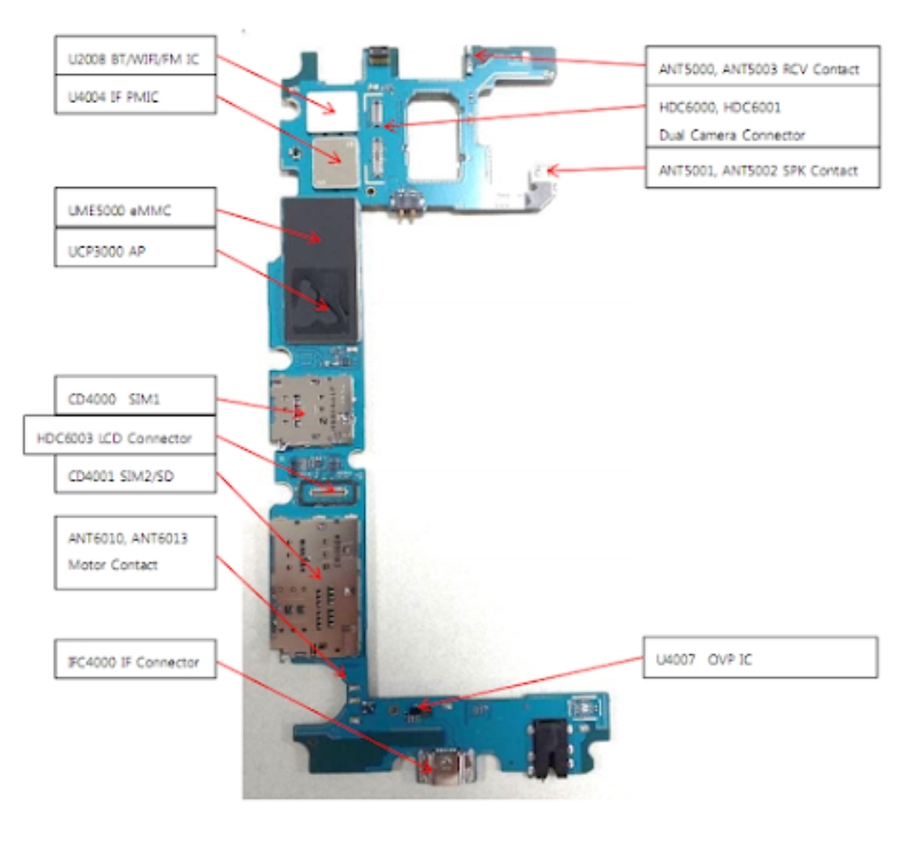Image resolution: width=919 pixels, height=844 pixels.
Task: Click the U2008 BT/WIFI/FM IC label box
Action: tap(134, 55)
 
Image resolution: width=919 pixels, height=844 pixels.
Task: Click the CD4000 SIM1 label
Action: tap(134, 396)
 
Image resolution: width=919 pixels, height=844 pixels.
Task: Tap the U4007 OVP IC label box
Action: tap(759, 657)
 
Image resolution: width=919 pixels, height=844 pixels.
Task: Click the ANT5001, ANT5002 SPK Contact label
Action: tap(762, 168)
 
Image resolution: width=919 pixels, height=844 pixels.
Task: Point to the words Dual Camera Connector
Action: tap(732, 134)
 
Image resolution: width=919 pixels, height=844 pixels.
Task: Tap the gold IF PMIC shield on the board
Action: tap(337, 162)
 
